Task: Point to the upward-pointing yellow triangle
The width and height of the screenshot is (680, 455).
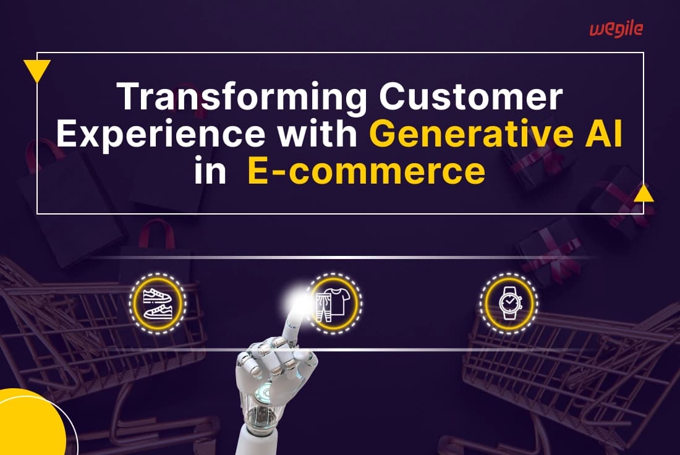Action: coord(644,194)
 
